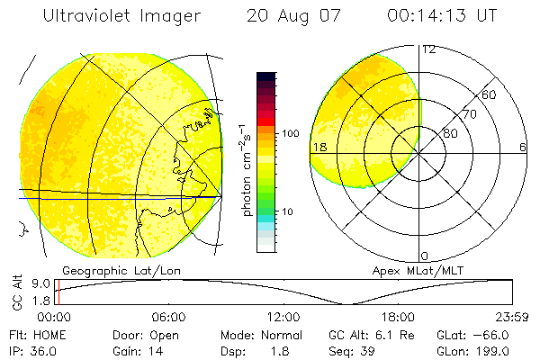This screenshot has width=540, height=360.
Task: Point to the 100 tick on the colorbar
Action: coord(290,133)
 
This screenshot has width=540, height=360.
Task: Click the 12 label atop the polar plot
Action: coord(428,49)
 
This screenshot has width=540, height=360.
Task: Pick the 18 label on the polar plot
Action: coord(319,148)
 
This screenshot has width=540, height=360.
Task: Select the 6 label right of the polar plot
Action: coord(522,148)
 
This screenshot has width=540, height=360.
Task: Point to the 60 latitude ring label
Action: coord(490,94)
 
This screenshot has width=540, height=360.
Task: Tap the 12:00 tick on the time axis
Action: coord(283,317)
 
